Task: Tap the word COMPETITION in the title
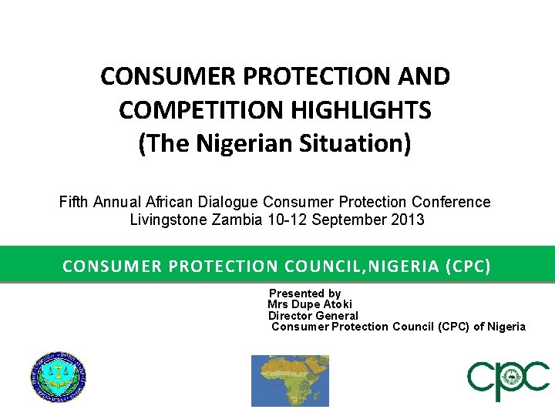[202, 110]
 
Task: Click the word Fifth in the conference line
[75, 202]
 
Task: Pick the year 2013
[409, 219]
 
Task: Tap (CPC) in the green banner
[467, 267]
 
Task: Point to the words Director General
[313, 315]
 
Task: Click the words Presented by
[304, 294]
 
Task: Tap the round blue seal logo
[58, 377]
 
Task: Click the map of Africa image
[290, 381]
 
